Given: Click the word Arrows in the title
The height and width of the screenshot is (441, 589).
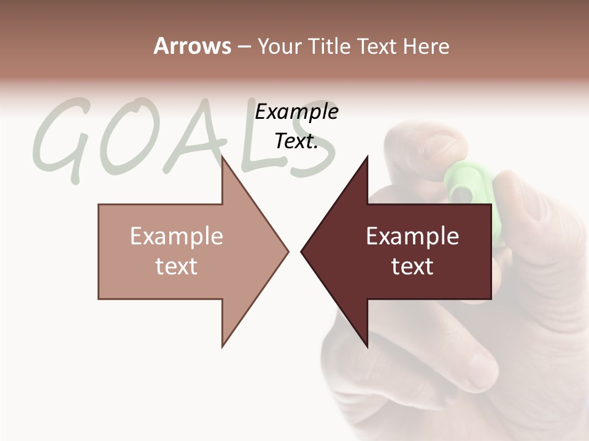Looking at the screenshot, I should click(191, 46).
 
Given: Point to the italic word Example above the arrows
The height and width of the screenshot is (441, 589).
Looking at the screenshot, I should click(296, 111).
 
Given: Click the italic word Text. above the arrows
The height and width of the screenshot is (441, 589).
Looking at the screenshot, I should click(296, 141).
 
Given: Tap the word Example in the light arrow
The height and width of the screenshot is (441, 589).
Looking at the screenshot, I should click(177, 236).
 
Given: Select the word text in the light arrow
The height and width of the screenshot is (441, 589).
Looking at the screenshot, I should click(177, 266).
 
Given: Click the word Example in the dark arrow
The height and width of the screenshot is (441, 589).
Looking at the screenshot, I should click(412, 236).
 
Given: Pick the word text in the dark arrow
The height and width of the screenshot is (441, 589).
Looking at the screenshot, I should click(412, 266).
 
